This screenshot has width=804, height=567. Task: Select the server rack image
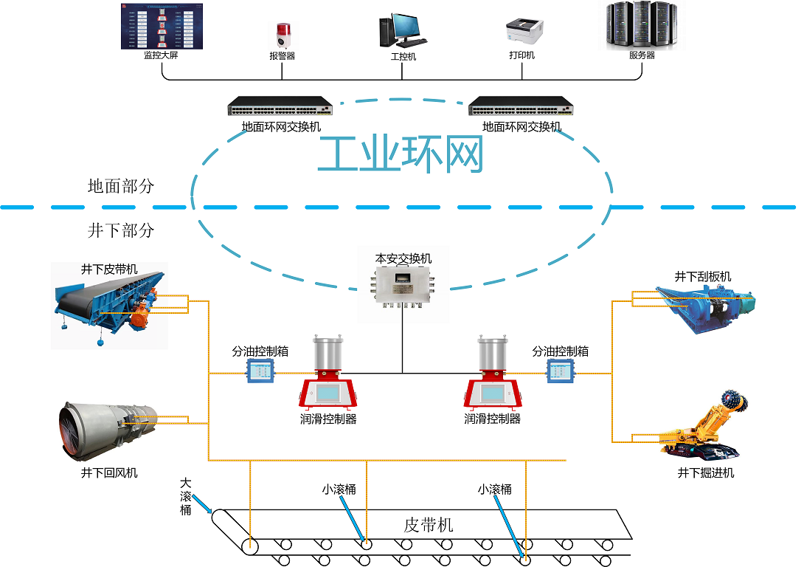pos(641,26)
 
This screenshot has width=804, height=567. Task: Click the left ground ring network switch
pos(280,107)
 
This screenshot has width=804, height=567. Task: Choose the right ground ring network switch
pos(521,107)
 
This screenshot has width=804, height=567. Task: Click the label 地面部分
pos(121,186)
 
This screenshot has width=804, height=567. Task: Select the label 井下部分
pos(121,230)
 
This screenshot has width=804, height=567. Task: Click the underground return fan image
pos(108,429)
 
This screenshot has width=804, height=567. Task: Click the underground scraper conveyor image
pos(704,308)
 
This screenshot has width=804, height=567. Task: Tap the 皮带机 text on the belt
pos(429,525)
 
